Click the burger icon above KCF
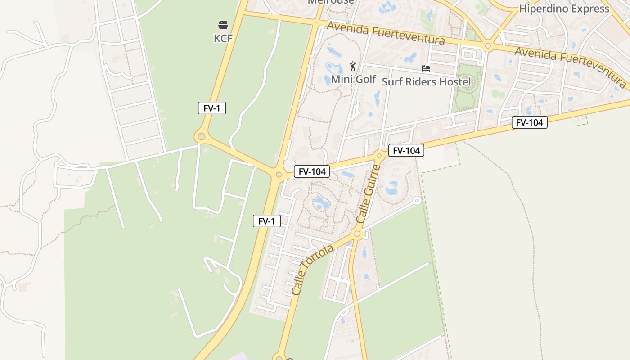pyautogui.click(x=223, y=25)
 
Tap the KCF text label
pyautogui.click(x=223, y=39)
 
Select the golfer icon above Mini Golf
pyautogui.click(x=353, y=67)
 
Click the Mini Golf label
pyautogui.click(x=353, y=79)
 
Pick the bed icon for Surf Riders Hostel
pyautogui.click(x=426, y=68)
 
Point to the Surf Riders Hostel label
pyautogui.click(x=426, y=81)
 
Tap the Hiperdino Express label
pyautogui.click(x=564, y=9)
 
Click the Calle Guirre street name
pyautogui.click(x=369, y=194)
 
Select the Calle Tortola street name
pyautogui.click(x=313, y=270)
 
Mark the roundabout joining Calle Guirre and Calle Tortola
pyautogui.click(x=358, y=234)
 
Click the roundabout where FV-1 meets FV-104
pyautogui.click(x=279, y=175)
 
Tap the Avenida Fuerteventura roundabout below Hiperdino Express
pyautogui.click(x=488, y=46)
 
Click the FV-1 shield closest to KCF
pyautogui.click(x=212, y=108)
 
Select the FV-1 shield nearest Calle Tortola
pyautogui.click(x=267, y=221)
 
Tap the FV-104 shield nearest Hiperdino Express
pyautogui.click(x=529, y=122)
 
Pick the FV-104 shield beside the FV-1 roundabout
pyautogui.click(x=312, y=171)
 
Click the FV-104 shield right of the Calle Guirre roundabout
pyautogui.click(x=406, y=151)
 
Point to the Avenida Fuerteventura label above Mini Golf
pyautogui.click(x=386, y=33)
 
